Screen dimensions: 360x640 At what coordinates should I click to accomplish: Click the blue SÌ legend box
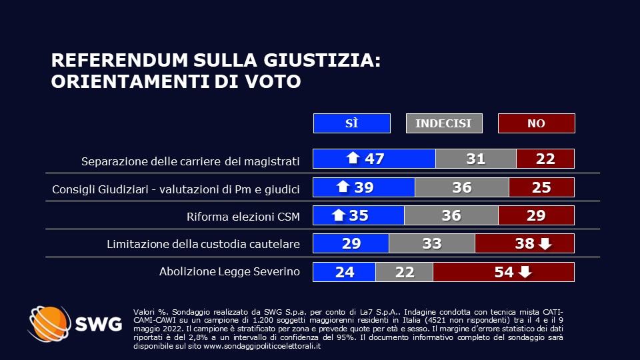pos(351,123)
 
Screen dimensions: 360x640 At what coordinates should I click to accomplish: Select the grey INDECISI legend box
pos(443,123)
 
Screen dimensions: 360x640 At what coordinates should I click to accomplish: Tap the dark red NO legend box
pos(536,123)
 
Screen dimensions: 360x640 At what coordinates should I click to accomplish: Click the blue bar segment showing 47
pos(374,159)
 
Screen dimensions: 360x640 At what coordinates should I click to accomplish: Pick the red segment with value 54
pos(503,272)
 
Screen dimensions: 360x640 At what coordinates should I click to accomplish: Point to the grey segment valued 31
pos(475,159)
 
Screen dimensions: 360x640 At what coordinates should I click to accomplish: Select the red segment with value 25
pos(541,187)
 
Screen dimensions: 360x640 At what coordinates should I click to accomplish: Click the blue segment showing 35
pos(359,215)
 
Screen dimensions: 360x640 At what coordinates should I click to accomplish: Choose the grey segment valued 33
pos(432,244)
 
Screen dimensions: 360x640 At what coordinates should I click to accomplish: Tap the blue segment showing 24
pos(344,272)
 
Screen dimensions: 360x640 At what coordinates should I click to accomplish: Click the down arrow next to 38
pos(545,244)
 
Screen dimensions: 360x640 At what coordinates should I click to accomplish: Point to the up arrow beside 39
pos(343,187)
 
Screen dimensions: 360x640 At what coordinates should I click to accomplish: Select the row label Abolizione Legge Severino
pos(229,272)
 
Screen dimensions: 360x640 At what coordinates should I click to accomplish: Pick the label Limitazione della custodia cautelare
pos(203,245)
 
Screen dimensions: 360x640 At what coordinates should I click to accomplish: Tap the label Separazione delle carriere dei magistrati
pos(190,161)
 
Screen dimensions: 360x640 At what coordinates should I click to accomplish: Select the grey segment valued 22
pos(404,272)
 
